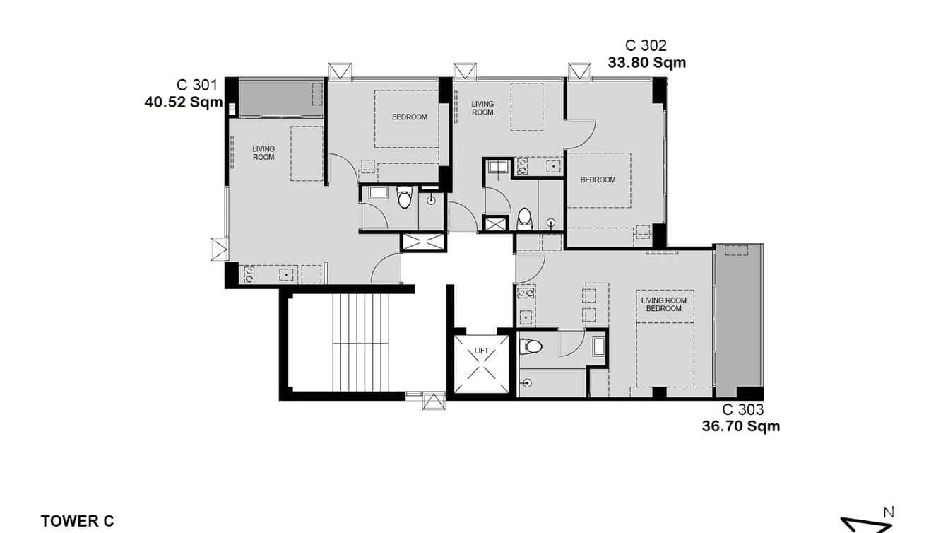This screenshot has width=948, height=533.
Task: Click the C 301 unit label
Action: [x=197, y=85]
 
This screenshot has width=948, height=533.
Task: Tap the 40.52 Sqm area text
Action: [x=183, y=102]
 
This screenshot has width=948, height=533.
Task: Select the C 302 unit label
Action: [x=646, y=45]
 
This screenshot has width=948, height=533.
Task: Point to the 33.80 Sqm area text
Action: [x=646, y=63]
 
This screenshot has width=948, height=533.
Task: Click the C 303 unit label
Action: [x=742, y=409]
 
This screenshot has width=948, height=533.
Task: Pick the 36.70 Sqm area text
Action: [x=740, y=426]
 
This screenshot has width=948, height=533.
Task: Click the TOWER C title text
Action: [x=77, y=522]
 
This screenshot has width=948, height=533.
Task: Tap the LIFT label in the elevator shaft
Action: [x=482, y=351]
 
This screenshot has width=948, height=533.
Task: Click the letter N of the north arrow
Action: [x=889, y=512]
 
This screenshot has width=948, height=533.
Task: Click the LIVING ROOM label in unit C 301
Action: [x=263, y=153]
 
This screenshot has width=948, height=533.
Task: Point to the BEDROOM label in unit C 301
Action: [x=410, y=117]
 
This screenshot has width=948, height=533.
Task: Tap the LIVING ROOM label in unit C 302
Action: [x=482, y=108]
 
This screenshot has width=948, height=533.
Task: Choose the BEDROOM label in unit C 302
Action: [x=598, y=180]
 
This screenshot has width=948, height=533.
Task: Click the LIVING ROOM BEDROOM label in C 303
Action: [x=663, y=305]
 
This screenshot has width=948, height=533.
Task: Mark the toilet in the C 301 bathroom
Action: [x=404, y=199]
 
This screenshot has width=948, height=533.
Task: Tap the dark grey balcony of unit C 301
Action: [x=275, y=97]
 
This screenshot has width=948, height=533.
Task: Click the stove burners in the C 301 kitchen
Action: [x=249, y=274]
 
